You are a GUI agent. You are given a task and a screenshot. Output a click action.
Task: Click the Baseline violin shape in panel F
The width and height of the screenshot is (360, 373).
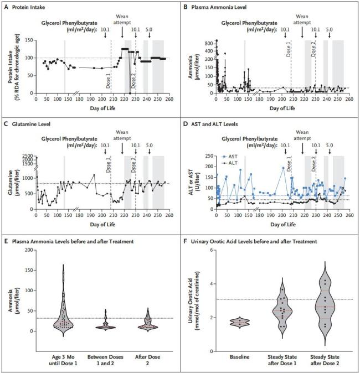pos(239,322)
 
